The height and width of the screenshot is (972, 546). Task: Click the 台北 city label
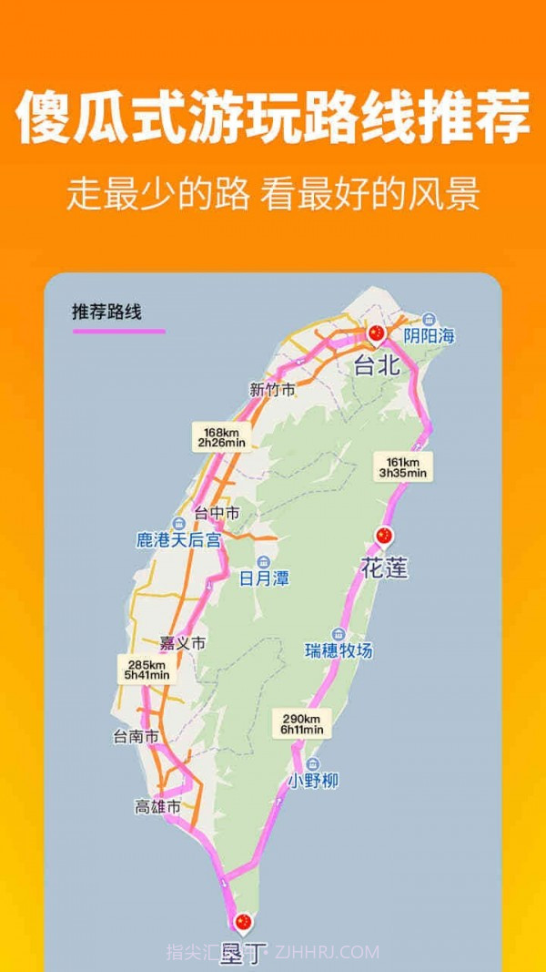click(x=377, y=365)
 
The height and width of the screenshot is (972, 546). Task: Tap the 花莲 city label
click(x=384, y=568)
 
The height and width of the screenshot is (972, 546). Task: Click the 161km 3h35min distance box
click(x=403, y=466)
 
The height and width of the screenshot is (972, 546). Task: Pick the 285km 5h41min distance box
click(x=147, y=670)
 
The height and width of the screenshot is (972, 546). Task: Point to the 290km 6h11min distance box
click(x=301, y=723)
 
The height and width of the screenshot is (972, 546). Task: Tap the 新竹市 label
click(x=272, y=390)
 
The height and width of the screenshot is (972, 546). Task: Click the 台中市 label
click(x=217, y=514)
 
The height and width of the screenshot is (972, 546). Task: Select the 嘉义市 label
click(x=182, y=643)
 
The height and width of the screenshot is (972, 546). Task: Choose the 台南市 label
click(x=136, y=736)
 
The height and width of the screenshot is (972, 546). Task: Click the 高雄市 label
click(x=157, y=806)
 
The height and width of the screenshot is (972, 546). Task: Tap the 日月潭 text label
click(x=264, y=578)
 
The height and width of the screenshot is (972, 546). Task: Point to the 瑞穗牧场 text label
click(x=339, y=650)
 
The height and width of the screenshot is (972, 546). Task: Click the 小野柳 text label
click(x=313, y=780)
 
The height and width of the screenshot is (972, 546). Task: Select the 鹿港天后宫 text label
click(x=178, y=540)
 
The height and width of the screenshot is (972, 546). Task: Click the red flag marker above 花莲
click(x=383, y=536)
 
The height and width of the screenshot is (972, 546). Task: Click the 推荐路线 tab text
click(x=107, y=312)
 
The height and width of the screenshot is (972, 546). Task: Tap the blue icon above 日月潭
click(x=264, y=560)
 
